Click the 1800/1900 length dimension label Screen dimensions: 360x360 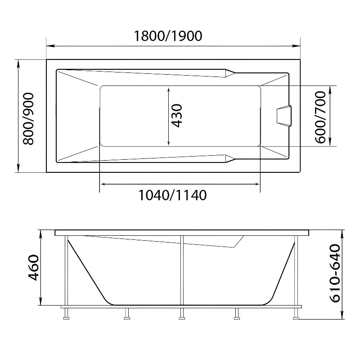168,36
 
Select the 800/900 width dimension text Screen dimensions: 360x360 29,118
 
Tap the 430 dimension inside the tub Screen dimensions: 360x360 177,116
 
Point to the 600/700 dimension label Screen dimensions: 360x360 320,117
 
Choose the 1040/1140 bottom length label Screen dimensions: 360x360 173,195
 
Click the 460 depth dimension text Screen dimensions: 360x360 33,267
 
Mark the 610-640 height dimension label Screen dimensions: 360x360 335,274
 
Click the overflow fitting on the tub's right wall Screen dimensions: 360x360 284,116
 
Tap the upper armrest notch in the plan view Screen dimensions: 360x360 230,73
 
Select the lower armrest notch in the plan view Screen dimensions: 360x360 230,158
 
